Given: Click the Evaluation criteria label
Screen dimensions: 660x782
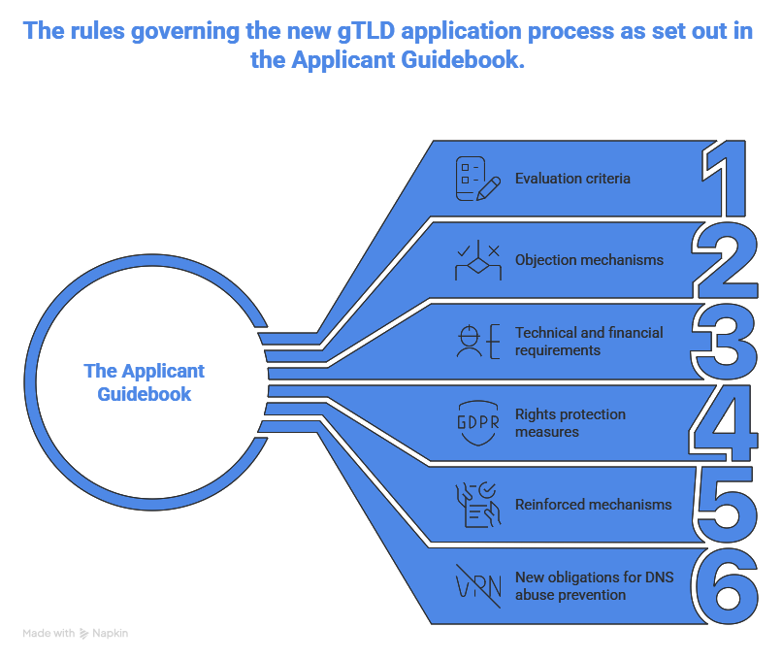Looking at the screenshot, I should click(x=572, y=179).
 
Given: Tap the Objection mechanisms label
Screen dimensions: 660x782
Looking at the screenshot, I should click(x=589, y=260).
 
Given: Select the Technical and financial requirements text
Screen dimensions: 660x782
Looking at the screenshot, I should click(x=589, y=342).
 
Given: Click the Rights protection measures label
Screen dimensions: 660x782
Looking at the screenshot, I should click(x=570, y=423).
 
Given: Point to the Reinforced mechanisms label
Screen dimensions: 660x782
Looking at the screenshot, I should click(x=593, y=505).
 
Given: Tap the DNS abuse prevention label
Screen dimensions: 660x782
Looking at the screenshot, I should click(x=594, y=586).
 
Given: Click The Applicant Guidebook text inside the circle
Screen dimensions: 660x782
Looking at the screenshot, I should click(x=145, y=382).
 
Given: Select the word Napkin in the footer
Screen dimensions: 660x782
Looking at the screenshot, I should click(x=112, y=634).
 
